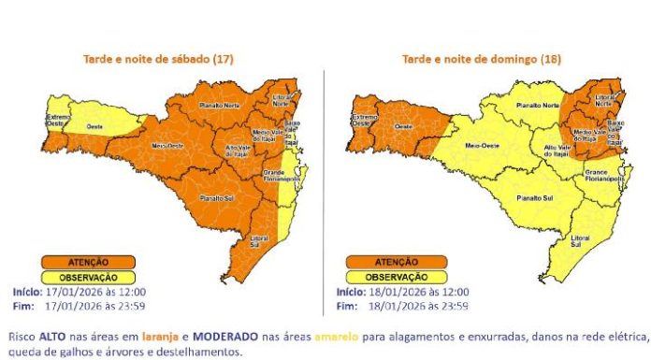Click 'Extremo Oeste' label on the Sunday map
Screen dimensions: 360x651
pyautogui.click(x=362, y=119)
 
